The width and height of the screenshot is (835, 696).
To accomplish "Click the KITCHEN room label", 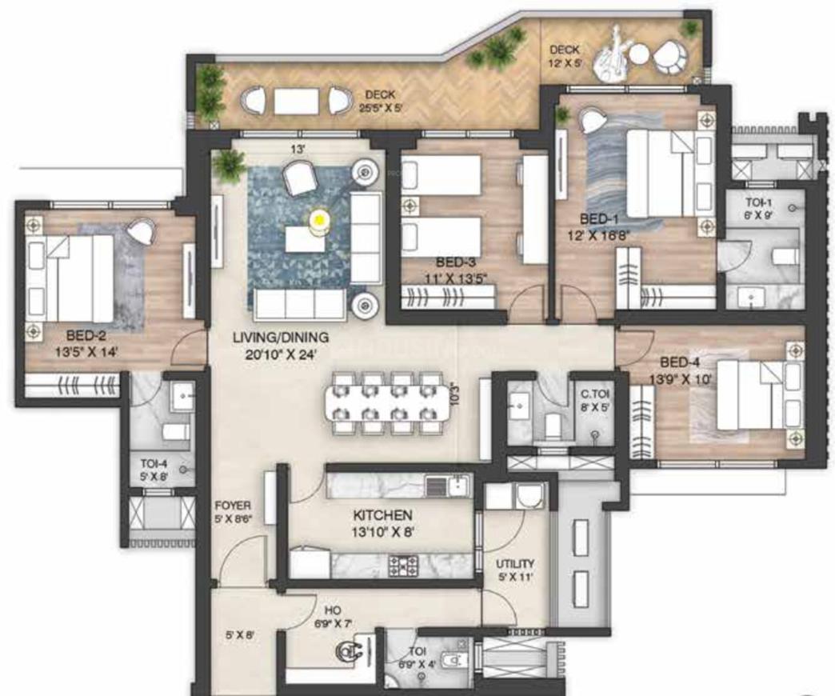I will (382, 515).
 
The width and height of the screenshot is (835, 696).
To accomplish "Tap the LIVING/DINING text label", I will (280, 337).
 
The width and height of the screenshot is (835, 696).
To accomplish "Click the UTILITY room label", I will (515, 563).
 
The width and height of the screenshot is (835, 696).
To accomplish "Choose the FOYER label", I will (233, 506).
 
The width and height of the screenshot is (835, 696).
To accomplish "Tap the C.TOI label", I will (594, 393).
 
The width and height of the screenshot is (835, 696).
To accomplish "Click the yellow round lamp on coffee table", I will (318, 218).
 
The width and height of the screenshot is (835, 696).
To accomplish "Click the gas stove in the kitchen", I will (405, 566).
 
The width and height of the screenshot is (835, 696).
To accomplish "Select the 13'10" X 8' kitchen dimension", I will (382, 530).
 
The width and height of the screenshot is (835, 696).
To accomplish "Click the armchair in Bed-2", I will (142, 231).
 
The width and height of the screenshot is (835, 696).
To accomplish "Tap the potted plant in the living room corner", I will (230, 165).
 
